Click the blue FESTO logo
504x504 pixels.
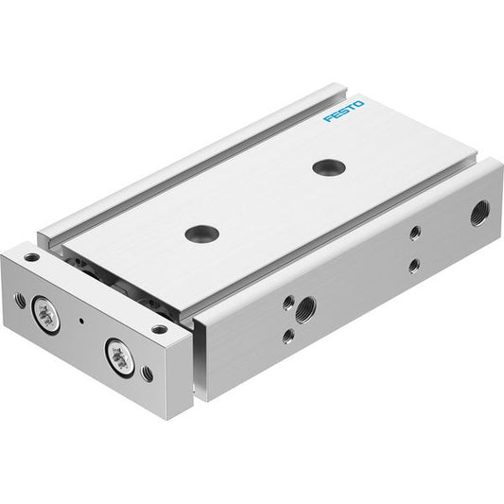344,112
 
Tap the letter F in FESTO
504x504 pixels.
328,118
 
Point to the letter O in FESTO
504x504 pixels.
359,104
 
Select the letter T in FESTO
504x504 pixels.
352,108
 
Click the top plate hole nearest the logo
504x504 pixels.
329,167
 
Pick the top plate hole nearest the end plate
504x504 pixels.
201,233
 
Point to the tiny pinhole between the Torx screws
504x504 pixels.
81,321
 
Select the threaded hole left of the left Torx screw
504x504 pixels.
20,300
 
